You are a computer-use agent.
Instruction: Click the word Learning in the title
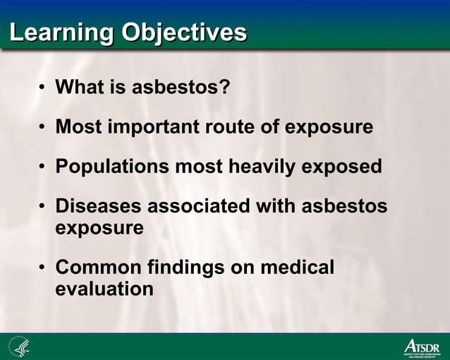point(61,32)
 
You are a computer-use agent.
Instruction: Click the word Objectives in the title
point(184,32)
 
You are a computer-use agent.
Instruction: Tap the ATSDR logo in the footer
point(420,348)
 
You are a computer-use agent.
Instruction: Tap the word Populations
point(112,167)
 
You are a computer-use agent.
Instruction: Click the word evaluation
point(104,289)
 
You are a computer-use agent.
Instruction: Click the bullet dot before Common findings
point(42,268)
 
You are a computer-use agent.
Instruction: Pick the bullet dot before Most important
point(42,128)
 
